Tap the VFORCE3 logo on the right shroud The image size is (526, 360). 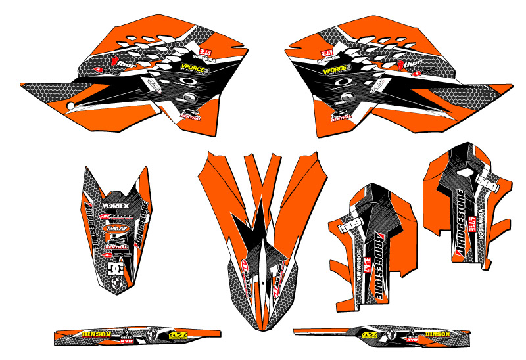tap(333, 67)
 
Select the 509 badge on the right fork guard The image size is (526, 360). tap(487, 181)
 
